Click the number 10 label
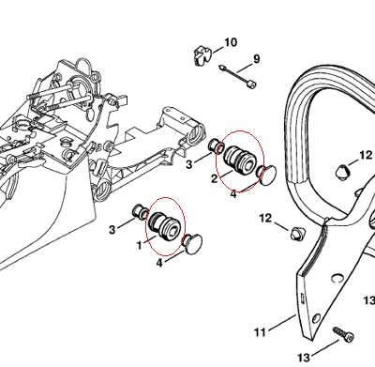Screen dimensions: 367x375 (231, 42)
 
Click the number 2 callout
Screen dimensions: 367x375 (214, 178)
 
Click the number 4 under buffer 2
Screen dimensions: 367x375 (232, 195)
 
